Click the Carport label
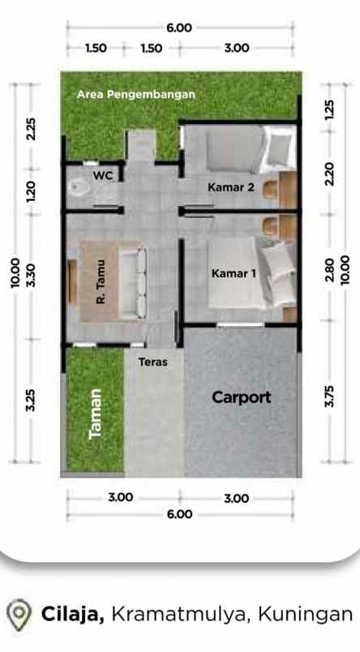tap(241, 397)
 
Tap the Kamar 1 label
tap(234, 274)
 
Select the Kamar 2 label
tap(231, 187)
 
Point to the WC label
tap(103, 175)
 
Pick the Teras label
tap(152, 362)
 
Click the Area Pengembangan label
tap(136, 94)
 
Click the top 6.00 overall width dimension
tap(179, 28)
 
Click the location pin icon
tap(19, 614)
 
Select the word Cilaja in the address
tap(72, 614)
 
